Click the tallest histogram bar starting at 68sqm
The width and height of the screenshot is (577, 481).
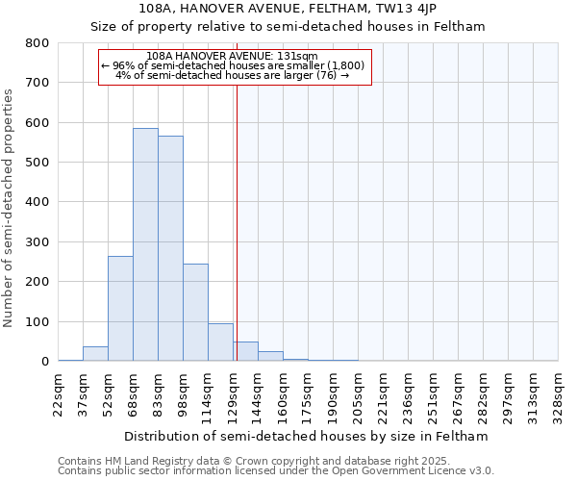point(145,244)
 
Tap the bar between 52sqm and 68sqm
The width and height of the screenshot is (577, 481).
point(120,308)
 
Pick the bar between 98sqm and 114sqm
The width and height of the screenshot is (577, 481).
point(195,312)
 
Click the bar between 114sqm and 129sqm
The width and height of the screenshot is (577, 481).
point(220,342)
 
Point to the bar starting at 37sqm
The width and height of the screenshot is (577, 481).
point(95,353)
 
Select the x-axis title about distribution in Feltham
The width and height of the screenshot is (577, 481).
point(308,436)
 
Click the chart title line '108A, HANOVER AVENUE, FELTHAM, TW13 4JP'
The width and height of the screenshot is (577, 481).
point(288,9)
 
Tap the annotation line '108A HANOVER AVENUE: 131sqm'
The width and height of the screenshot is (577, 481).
point(233,57)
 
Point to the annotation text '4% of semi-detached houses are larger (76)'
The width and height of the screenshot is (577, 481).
point(233,75)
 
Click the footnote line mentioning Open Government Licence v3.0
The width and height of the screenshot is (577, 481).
point(276,471)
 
